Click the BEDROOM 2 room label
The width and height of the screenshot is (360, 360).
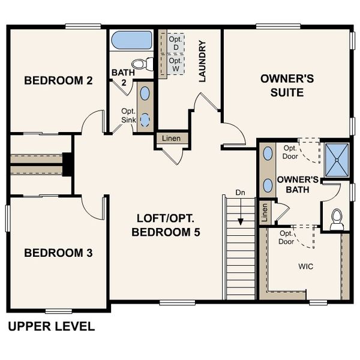[x=58, y=80]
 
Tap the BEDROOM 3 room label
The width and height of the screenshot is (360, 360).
[x=58, y=253]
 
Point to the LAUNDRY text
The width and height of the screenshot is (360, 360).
[x=202, y=61]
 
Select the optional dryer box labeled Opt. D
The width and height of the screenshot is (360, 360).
[x=175, y=42]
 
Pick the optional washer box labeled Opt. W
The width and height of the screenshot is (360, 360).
[x=175, y=64]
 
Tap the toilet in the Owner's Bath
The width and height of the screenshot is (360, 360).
[x=337, y=218]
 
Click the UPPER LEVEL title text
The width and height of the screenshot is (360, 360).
[x=51, y=327]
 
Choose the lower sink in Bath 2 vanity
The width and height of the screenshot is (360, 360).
[x=145, y=119]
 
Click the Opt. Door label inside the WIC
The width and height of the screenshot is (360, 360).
[x=287, y=238]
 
